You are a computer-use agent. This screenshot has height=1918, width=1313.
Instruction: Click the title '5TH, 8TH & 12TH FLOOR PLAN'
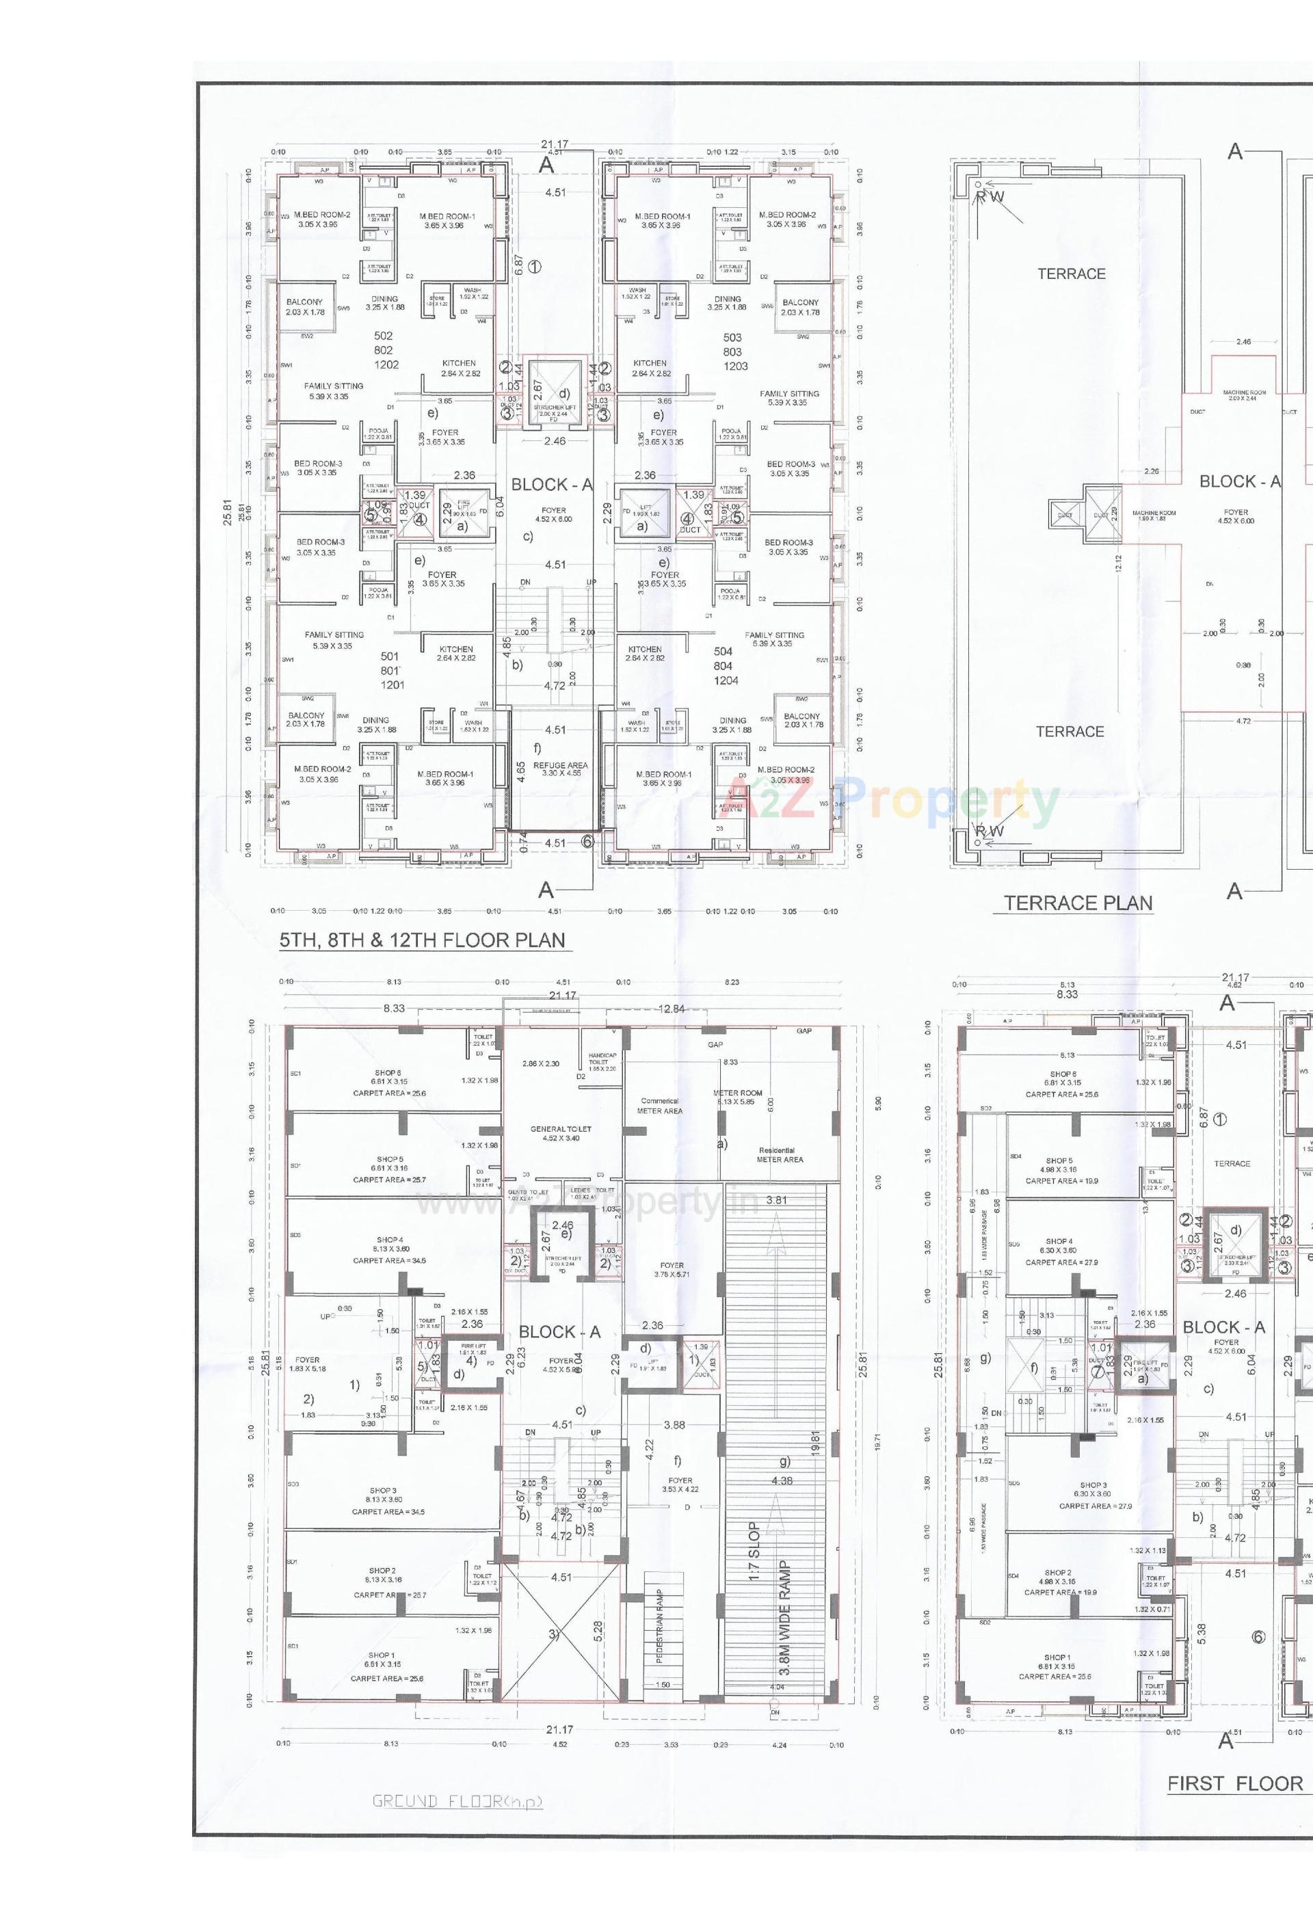coord(422,940)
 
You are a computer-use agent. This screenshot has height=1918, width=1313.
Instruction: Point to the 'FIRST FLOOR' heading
coord(1234,1783)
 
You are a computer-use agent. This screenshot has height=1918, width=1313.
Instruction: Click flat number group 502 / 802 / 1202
coord(384,350)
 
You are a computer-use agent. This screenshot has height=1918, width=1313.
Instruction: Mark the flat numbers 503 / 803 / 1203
coord(734,351)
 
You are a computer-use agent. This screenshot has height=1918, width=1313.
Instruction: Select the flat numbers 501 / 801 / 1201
coord(391,670)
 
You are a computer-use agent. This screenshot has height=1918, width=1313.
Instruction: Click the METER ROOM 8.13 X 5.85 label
coord(737,1097)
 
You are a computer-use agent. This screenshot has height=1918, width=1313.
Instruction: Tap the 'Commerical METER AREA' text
coord(659,1105)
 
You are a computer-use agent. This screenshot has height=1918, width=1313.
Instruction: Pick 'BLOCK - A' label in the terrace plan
coord(1240,482)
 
